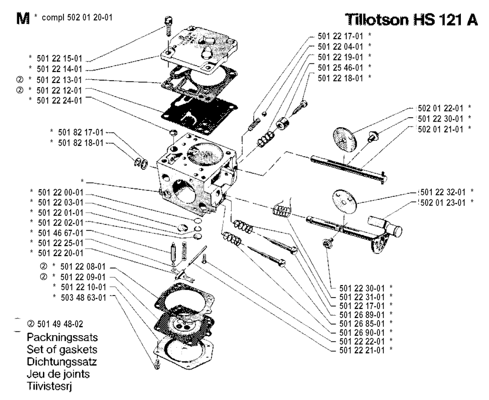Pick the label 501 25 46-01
point(338,66)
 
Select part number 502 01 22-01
point(438,108)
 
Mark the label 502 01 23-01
point(440,202)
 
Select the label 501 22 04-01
point(338,46)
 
